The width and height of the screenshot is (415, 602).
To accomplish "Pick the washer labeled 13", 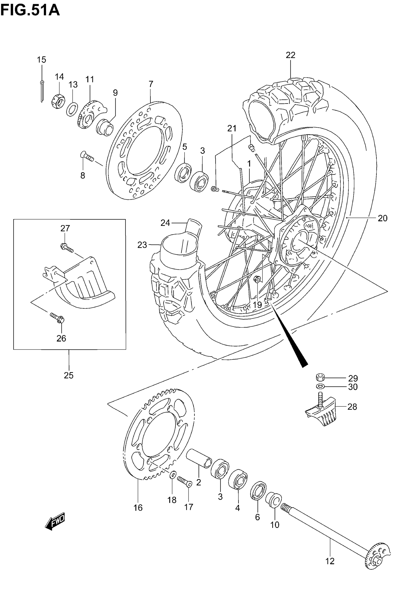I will (72, 109).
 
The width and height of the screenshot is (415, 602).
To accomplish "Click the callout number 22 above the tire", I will (290, 55).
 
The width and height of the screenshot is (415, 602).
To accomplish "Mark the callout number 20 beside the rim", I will (383, 218).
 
